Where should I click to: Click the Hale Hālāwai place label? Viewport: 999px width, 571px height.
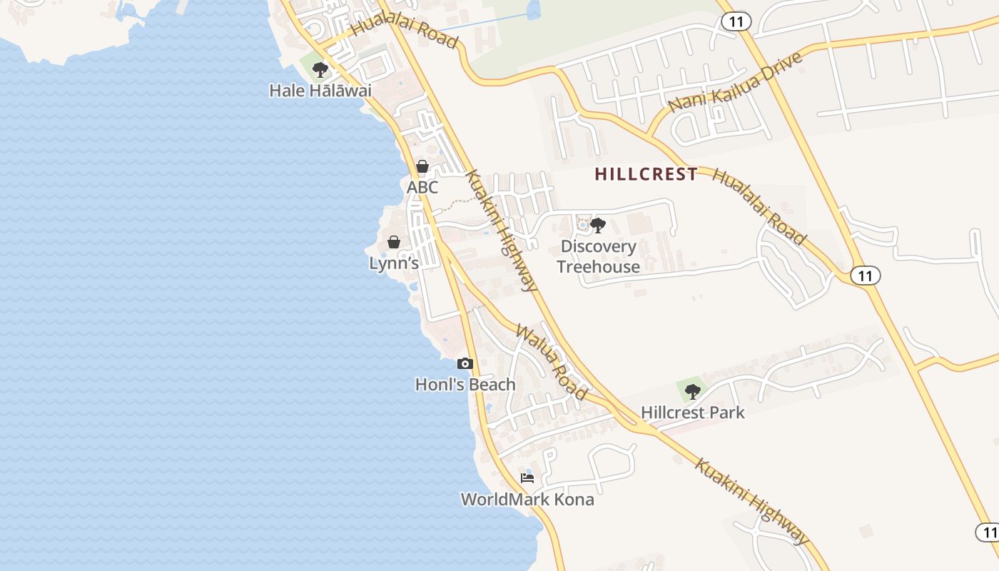click(320, 91)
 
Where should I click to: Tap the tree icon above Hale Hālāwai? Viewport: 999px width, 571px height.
click(320, 70)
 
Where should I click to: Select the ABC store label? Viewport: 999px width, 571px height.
click(422, 188)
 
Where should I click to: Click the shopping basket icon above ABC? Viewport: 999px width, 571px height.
click(422, 167)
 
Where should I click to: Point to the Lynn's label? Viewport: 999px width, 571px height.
click(393, 263)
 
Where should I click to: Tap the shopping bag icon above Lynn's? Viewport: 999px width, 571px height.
click(393, 242)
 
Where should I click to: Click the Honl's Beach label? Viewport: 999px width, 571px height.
click(465, 385)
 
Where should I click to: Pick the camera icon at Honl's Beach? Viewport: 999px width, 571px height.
click(465, 364)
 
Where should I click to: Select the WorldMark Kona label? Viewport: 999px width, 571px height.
click(527, 499)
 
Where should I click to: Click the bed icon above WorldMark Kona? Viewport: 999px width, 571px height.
click(527, 478)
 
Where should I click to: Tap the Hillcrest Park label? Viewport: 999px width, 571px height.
click(692, 413)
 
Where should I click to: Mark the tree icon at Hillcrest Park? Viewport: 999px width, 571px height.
click(692, 391)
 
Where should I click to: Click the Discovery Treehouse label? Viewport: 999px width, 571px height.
click(598, 256)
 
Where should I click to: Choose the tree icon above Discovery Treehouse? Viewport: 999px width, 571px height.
click(598, 226)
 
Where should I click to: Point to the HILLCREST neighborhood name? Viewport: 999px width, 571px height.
click(646, 174)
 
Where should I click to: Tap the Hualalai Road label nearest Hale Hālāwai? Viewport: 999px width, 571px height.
click(405, 30)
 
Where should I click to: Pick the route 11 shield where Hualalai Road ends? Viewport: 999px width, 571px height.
click(865, 276)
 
